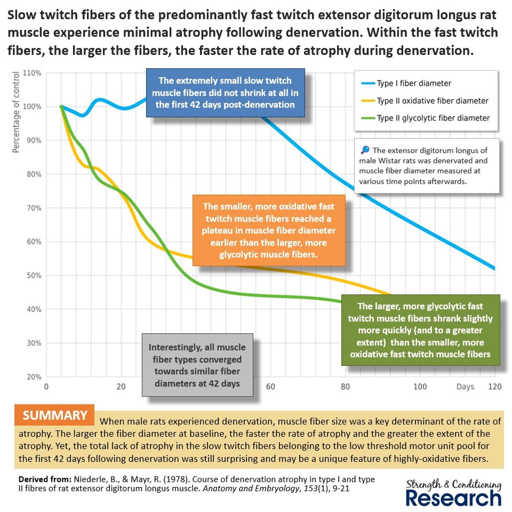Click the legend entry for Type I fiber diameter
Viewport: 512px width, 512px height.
point(413,83)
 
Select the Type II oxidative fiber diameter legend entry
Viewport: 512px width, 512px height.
point(432,101)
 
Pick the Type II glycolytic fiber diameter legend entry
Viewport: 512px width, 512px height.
point(433,118)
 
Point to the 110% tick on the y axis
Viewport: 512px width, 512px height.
point(32,73)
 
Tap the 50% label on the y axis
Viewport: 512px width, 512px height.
point(34,276)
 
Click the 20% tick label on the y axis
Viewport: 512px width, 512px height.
point(34,377)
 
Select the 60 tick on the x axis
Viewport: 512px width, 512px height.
point(271,387)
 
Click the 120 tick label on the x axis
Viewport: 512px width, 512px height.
point(495,387)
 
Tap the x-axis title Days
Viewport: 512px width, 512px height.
point(465,387)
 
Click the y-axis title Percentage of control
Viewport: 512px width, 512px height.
point(16,112)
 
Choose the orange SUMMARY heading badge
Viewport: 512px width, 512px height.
point(55,415)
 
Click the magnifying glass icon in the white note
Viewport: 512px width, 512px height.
point(365,150)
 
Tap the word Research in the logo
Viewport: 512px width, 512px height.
point(453,498)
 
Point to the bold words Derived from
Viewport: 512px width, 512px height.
point(45,479)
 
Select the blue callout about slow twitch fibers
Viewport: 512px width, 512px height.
point(225,93)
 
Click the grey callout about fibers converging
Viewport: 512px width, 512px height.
point(197,365)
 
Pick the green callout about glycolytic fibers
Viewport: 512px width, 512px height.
point(420,330)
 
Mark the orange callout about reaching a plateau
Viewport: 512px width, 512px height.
point(269,230)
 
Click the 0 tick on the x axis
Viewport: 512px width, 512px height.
point(47,387)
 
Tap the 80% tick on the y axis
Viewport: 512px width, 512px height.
point(34,174)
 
